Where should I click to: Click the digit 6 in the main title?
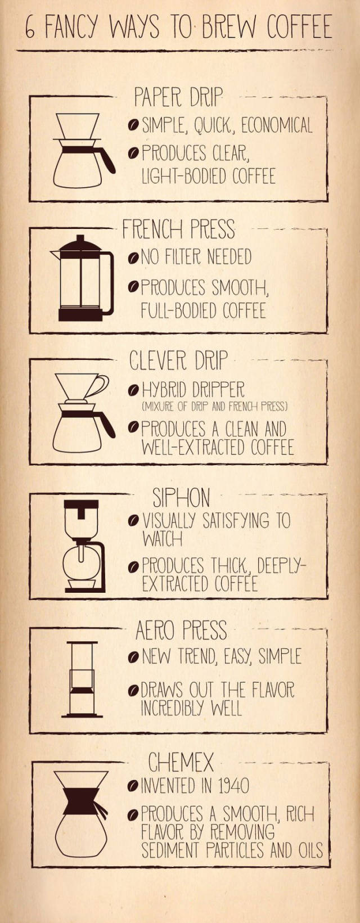pos(30,28)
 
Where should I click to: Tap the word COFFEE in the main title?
pos(299,27)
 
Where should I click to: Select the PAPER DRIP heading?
pos(178,97)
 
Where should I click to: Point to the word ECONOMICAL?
pos(276,125)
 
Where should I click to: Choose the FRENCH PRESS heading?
pos(178,229)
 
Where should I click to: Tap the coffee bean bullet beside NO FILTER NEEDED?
pos(133,258)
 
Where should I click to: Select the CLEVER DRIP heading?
pos(178,360)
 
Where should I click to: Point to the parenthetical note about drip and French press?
pos(215,407)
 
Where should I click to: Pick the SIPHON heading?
pos(181,497)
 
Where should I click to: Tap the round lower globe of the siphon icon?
pos(81,563)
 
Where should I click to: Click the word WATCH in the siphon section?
pos(162,539)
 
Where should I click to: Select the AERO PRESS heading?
pos(181,630)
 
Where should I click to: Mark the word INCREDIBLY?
pos(170,708)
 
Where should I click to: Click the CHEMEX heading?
pos(181,762)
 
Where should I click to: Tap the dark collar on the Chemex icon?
pos(81,800)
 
